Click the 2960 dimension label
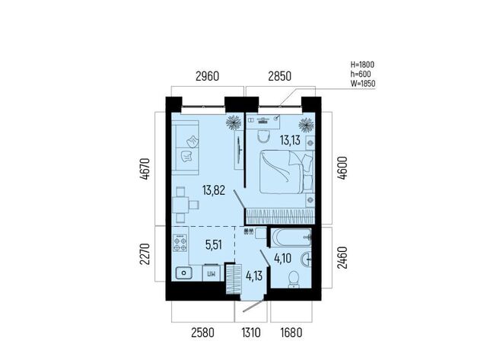[207, 76]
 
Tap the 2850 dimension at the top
[279, 76]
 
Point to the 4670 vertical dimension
[145, 169]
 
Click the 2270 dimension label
[145, 253]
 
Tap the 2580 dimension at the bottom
[202, 333]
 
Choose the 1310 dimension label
[251, 333]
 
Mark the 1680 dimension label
[291, 333]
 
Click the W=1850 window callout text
[363, 84]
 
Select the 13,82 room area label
[214, 190]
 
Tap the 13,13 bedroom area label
[290, 140]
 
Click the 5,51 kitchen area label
[214, 245]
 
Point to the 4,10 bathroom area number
[282, 258]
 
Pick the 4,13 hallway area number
[254, 276]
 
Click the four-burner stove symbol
[180, 244]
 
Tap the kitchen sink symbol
[183, 273]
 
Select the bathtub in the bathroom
[291, 237]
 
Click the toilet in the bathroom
[294, 279]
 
